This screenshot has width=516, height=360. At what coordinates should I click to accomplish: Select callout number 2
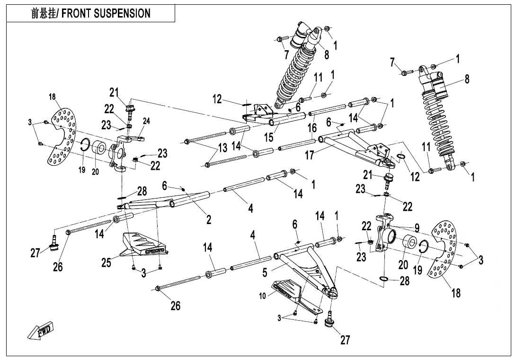(208, 219)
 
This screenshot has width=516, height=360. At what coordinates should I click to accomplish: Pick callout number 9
(417, 228)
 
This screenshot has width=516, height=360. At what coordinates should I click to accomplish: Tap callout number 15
(268, 137)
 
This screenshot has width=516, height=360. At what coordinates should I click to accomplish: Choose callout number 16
(311, 128)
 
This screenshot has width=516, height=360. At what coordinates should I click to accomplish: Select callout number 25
(106, 262)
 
